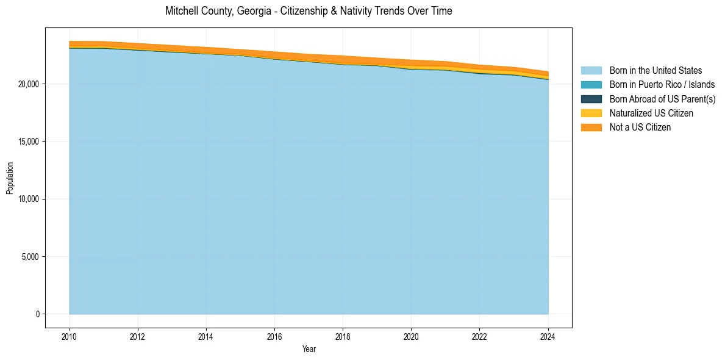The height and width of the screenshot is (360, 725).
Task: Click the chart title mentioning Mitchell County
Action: coord(309,11)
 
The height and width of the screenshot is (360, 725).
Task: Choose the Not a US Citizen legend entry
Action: coord(640,128)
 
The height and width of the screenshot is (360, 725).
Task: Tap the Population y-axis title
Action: coord(10,178)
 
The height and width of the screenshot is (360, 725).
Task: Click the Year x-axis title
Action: coord(309,349)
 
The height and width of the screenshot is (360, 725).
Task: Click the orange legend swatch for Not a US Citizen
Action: coord(591,128)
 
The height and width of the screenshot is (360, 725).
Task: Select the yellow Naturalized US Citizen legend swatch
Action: coord(591,113)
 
